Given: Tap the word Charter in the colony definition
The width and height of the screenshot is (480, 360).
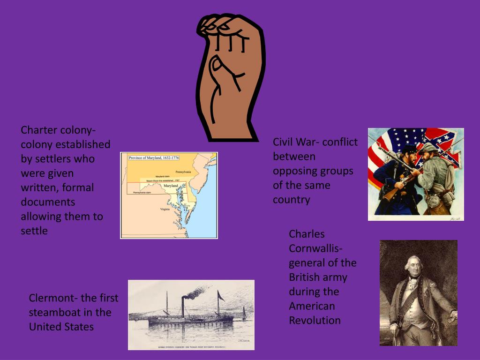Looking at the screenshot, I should tap(39, 130).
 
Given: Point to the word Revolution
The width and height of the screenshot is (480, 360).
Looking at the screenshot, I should tap(315, 321).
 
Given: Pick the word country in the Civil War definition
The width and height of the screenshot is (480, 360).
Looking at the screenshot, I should tap(292, 200).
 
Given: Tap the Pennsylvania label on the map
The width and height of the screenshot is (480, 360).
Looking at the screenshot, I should tap(183, 172).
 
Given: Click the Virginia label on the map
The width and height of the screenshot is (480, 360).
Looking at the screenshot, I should tap(165, 209).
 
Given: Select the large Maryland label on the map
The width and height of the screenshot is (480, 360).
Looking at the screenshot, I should tap(171, 186).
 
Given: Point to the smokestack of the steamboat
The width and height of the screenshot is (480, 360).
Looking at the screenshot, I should tap(183, 307).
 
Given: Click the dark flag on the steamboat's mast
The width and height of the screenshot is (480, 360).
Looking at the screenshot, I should tap(220, 296).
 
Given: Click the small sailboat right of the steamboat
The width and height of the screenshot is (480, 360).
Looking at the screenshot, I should tap(244, 314).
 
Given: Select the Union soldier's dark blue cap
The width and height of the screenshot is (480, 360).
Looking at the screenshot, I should tap(410, 149).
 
